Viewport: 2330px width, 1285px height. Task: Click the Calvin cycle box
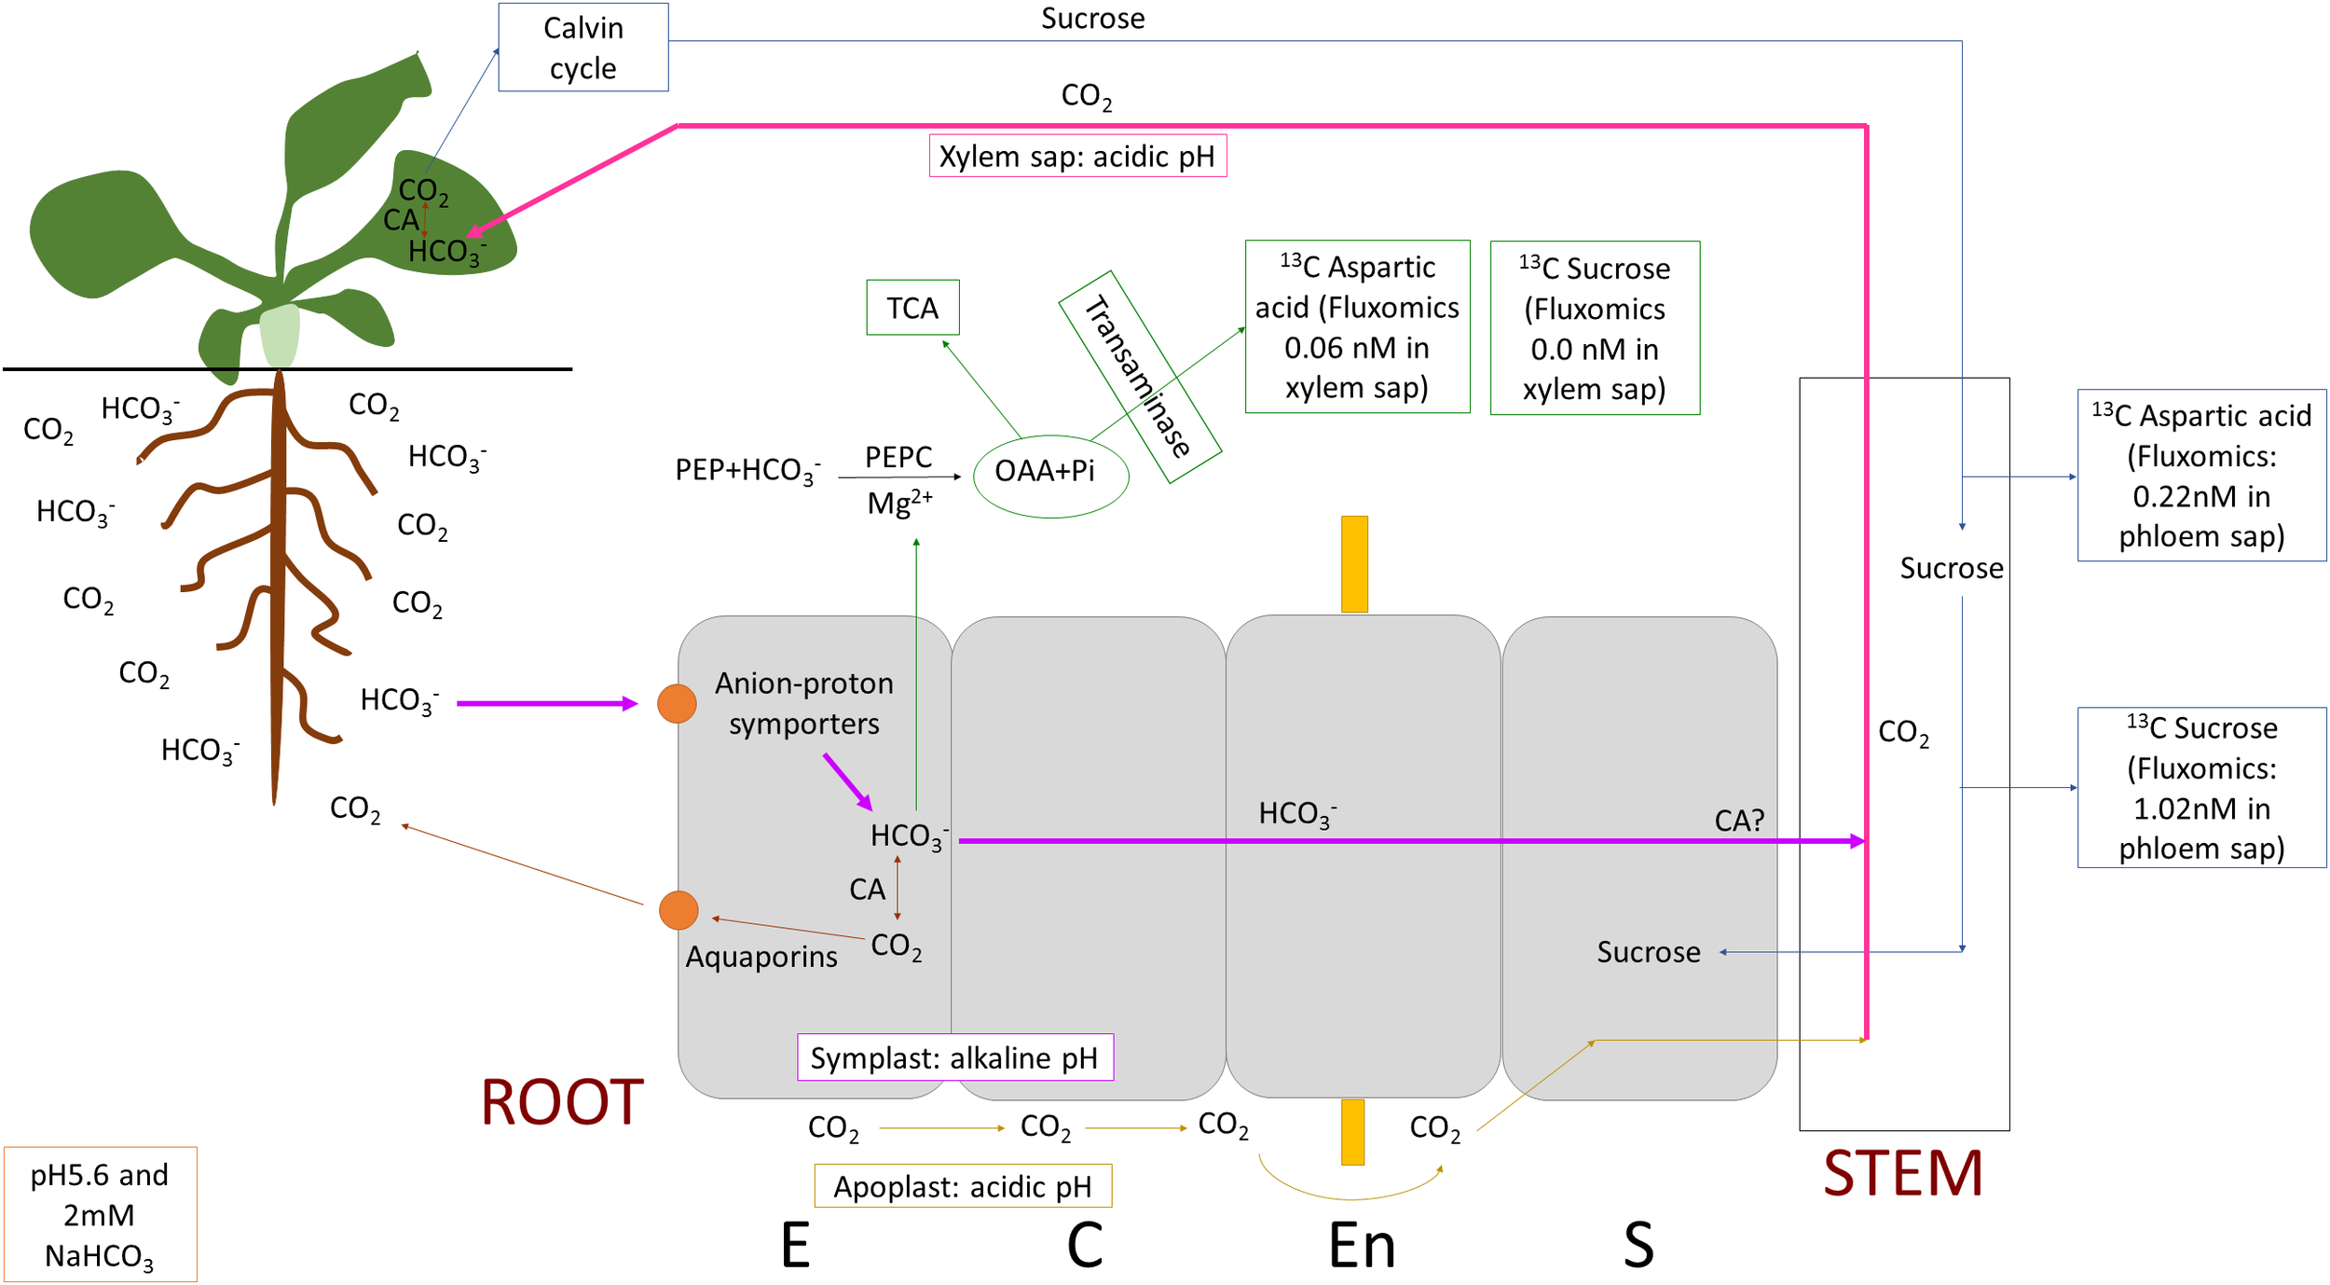coord(582,48)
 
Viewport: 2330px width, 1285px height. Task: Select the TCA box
coord(911,308)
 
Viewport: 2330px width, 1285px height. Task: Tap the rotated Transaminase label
coord(1139,377)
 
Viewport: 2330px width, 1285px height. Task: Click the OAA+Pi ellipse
coord(1049,476)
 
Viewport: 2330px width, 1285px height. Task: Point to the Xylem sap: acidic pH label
coord(1076,156)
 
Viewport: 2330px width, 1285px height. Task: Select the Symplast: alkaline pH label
coord(954,1057)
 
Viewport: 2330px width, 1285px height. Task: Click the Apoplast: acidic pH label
coord(962,1186)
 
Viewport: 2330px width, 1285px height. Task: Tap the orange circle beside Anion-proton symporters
coord(677,703)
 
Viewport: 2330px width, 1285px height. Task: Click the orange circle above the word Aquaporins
coord(678,910)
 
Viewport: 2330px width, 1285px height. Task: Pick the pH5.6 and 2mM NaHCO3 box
coord(100,1214)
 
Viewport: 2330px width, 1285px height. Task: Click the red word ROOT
coord(562,1102)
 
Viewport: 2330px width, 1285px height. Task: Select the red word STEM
coord(1902,1173)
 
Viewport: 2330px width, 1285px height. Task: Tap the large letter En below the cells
coord(1362,1246)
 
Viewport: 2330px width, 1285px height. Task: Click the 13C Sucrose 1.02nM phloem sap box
coord(2200,788)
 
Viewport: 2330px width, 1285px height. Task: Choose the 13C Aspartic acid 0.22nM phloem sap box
coord(2200,476)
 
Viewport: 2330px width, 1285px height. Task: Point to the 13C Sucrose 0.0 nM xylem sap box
coord(1594,328)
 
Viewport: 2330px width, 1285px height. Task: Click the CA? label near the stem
coord(1739,821)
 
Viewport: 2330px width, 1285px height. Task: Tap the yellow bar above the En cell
coord(1354,564)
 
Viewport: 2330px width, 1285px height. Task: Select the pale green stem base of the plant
coord(280,336)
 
